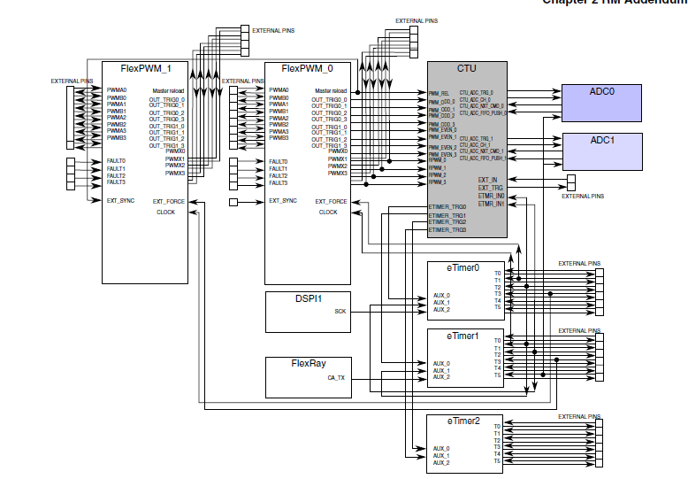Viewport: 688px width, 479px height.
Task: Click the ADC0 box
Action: pyautogui.click(x=601, y=103)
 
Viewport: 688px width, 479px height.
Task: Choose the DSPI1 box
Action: pyautogui.click(x=308, y=311)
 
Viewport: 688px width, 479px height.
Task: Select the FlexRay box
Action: pyautogui.click(x=308, y=376)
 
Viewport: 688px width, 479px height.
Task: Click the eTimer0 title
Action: pyautogui.click(x=463, y=267)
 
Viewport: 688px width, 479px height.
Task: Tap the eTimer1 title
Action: pyautogui.click(x=463, y=336)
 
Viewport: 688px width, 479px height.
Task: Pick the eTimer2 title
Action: pyautogui.click(x=463, y=421)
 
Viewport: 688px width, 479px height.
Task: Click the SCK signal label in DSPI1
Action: pyautogui.click(x=340, y=311)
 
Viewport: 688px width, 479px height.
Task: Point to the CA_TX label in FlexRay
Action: pyautogui.click(x=337, y=377)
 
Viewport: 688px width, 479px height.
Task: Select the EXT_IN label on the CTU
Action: pyautogui.click(x=487, y=180)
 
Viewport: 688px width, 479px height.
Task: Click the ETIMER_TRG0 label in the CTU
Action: pyautogui.click(x=447, y=207)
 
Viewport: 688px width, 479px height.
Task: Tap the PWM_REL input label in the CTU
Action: pyautogui.click(x=440, y=93)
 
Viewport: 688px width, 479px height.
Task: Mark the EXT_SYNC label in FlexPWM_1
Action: pyautogui.click(x=120, y=201)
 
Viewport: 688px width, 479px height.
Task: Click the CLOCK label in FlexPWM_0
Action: pyautogui.click(x=328, y=212)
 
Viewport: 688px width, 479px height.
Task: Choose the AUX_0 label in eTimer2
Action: pyautogui.click(x=441, y=449)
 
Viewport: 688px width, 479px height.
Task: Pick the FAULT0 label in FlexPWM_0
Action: pyautogui.click(x=278, y=161)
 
